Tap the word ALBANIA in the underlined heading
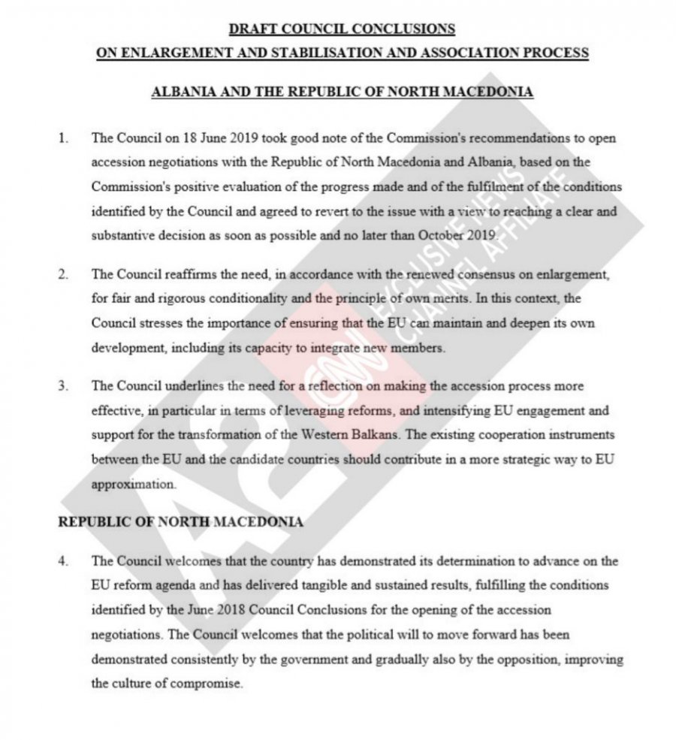(181, 92)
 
